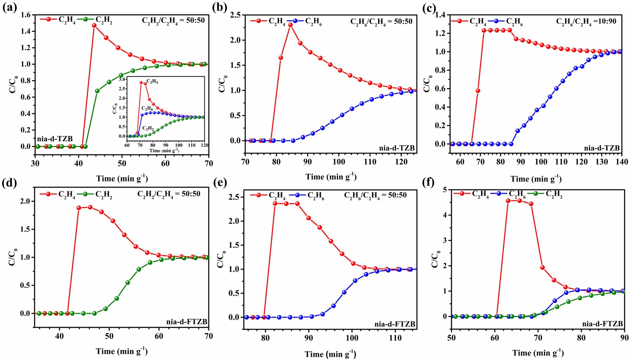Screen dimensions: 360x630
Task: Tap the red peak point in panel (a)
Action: tap(94, 26)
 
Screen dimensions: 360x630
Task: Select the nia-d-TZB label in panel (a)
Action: tap(55, 139)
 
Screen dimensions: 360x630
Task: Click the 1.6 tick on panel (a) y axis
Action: tap(26, 15)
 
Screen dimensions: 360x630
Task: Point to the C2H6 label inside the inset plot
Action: tap(147, 109)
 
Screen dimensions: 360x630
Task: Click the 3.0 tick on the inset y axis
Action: tap(122, 79)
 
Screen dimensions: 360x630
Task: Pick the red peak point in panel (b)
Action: tap(290, 25)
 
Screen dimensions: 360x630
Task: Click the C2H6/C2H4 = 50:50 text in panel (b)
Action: tap(381, 22)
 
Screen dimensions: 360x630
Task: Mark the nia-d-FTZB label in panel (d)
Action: tap(187, 322)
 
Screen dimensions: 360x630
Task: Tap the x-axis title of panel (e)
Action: tap(330, 354)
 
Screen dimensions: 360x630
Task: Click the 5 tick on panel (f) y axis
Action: tap(445, 190)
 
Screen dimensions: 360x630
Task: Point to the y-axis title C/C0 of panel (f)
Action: tap(436, 259)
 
